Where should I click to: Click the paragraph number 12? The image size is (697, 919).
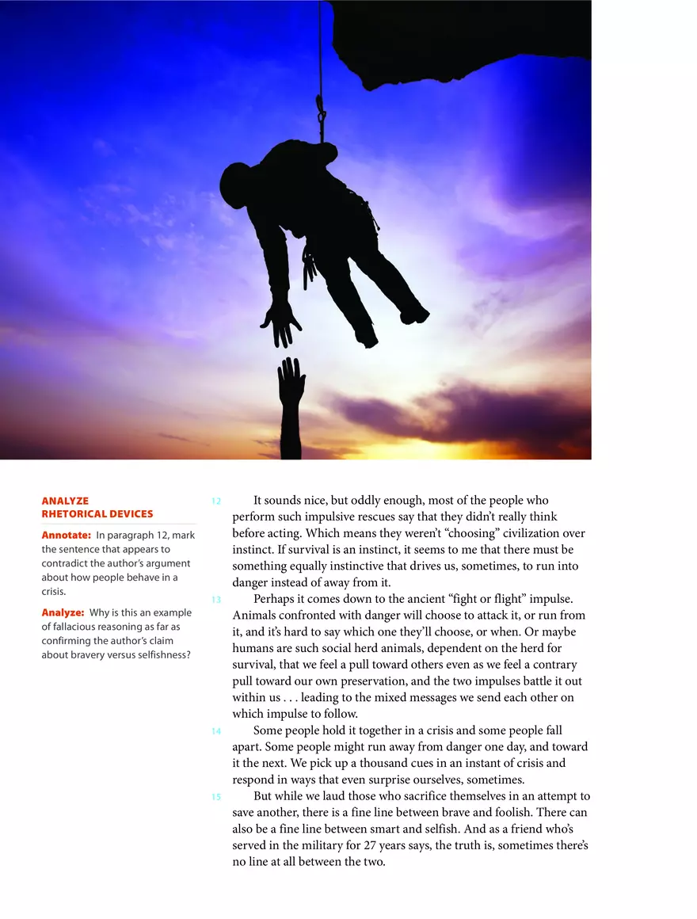tap(215, 501)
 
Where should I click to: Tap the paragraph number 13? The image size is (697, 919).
tap(215, 600)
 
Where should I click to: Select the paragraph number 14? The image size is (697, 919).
tap(215, 731)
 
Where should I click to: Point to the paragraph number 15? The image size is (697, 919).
tap(215, 797)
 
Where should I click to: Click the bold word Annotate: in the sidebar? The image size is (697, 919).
tap(66, 536)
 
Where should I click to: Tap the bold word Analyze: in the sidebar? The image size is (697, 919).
tap(63, 612)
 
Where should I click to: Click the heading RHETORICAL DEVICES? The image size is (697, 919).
tap(97, 514)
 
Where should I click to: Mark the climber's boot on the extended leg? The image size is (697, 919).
tap(413, 315)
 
